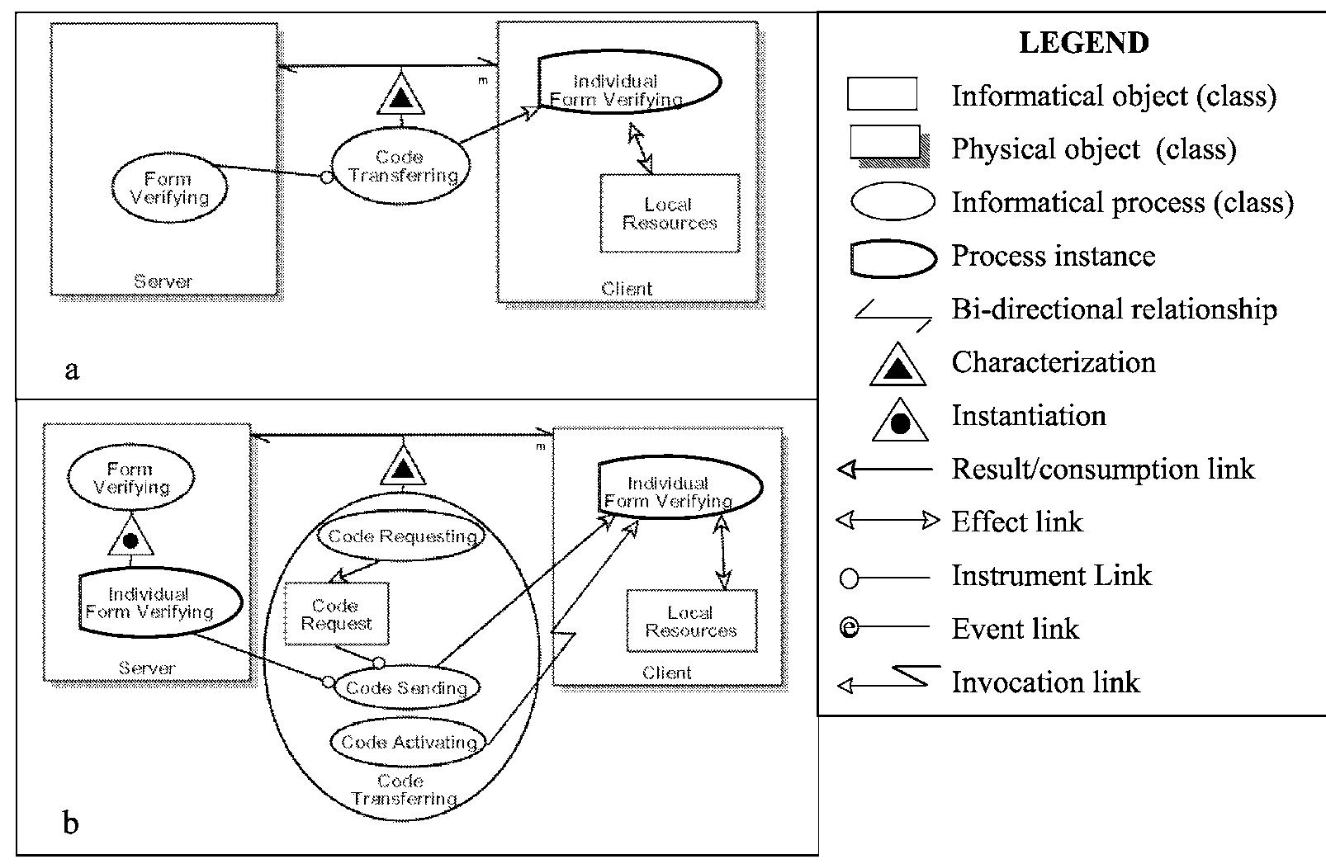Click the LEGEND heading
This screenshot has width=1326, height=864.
tap(1083, 42)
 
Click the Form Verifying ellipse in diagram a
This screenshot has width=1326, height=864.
tap(169, 189)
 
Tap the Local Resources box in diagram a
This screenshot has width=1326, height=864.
tap(670, 214)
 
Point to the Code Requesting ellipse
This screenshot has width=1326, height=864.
tap(402, 536)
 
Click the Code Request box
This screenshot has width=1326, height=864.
tap(336, 615)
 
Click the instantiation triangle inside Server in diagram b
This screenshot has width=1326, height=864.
tap(130, 539)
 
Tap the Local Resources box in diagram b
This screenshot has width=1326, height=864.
tap(691, 621)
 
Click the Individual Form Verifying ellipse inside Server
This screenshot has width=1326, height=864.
tap(149, 603)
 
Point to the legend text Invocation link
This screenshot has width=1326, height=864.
tap(1045, 682)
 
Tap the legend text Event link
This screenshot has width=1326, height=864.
tap(1015, 629)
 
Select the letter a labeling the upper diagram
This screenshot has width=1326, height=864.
tap(72, 371)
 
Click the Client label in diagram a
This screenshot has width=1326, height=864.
tap(627, 289)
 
